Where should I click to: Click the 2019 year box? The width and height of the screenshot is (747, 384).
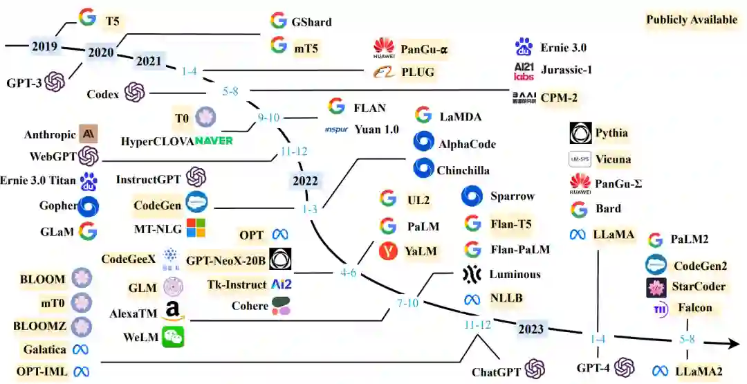[x=45, y=47]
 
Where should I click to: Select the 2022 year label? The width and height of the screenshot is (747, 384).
[x=305, y=181]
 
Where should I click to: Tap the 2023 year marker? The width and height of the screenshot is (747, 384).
[x=532, y=329]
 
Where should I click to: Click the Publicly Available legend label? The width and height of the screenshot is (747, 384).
[x=692, y=19]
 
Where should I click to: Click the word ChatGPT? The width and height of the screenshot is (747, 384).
[x=496, y=372]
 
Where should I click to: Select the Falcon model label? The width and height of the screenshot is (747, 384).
[x=694, y=307]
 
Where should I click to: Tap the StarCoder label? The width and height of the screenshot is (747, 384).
[x=699, y=286]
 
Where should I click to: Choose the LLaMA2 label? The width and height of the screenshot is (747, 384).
[x=699, y=371]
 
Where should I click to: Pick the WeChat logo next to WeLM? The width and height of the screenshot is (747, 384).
[x=173, y=337]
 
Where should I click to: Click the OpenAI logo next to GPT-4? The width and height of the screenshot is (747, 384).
[x=624, y=367]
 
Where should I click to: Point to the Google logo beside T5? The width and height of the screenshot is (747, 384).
[x=87, y=18]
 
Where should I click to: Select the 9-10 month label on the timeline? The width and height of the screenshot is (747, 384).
[x=268, y=118]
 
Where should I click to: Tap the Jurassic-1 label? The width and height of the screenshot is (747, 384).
[x=566, y=70]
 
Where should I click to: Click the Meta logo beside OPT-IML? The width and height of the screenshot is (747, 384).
[x=82, y=372]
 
